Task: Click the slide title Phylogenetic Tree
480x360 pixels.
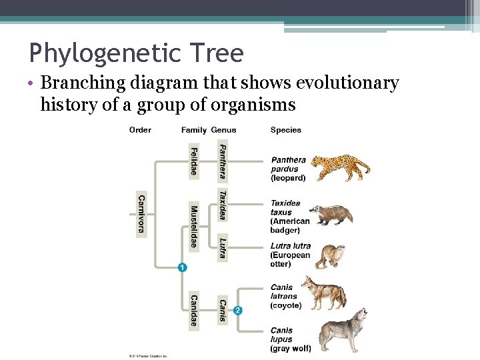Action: (136, 52)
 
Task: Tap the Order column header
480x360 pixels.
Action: (140, 130)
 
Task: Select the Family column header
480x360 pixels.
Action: (193, 130)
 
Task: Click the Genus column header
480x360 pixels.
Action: (223, 130)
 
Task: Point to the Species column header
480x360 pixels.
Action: (285, 130)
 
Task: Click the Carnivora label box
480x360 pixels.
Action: (141, 214)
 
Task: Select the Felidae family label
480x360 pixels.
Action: (193, 161)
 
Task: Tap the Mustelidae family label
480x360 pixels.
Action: (193, 227)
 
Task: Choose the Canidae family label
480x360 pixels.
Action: (193, 310)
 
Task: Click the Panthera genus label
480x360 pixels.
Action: (223, 161)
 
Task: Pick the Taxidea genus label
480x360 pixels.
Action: (223, 205)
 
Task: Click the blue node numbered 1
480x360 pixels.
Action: (182, 267)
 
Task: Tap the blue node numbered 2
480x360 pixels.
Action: (238, 310)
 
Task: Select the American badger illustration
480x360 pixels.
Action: (336, 215)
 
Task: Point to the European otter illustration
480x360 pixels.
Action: (329, 256)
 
